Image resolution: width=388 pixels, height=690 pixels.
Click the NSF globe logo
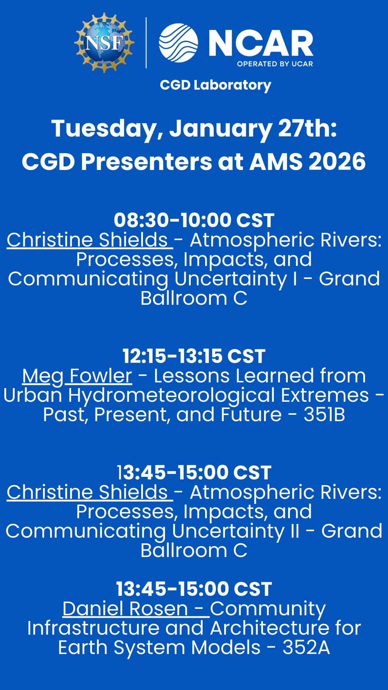click(x=104, y=43)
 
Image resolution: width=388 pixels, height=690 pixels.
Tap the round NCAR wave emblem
click(x=179, y=43)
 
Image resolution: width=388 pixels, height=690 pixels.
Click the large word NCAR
click(x=261, y=43)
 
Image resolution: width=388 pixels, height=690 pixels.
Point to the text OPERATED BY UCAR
click(x=275, y=64)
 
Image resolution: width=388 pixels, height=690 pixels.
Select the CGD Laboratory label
click(x=216, y=86)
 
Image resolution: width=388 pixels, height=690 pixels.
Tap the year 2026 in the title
click(x=337, y=161)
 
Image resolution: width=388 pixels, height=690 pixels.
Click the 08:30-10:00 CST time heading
click(x=194, y=220)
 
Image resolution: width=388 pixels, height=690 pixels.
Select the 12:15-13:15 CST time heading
click(x=194, y=356)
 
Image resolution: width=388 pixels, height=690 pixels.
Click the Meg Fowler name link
click(x=77, y=376)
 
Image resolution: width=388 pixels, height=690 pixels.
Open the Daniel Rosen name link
click(x=125, y=609)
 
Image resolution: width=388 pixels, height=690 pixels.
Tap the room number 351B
click(x=324, y=415)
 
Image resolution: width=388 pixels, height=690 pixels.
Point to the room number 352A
click(x=306, y=648)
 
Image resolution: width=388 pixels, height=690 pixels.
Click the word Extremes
click(x=325, y=395)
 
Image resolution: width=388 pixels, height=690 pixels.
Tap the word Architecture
click(x=270, y=628)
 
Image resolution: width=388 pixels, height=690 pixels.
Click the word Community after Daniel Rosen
click(x=268, y=609)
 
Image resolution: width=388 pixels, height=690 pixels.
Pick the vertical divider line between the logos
click(x=146, y=43)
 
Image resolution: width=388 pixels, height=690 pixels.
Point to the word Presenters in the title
click(x=147, y=161)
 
